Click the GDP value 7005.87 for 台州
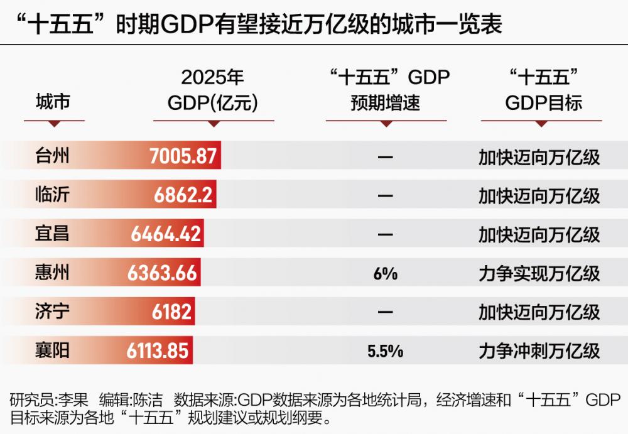pos(183,156)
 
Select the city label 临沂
pos(52,195)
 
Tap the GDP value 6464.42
pos(166,234)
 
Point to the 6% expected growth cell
pos(386,273)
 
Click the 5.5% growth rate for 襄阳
pos(386,351)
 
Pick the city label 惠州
pos(52,273)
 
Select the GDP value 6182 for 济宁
pos(171,312)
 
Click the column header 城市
pos(52,101)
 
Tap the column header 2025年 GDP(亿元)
pos(212,90)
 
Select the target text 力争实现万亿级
pos(539,274)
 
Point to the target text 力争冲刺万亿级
pos(539,351)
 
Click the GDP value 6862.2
pos(183,195)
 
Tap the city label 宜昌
pos(52,234)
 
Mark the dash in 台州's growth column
pos(386,157)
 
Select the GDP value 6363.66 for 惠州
pos(163,273)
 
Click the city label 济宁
pos(52,312)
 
